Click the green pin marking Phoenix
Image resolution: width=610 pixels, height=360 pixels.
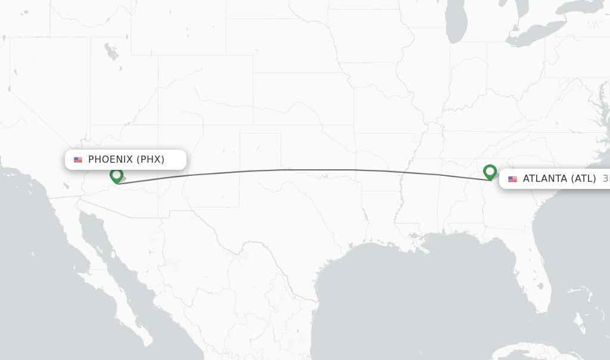coord(116,176)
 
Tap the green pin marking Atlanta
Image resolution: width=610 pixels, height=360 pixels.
coord(490,172)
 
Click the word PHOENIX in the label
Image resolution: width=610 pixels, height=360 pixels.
coord(111,160)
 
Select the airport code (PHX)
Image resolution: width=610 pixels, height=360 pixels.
coord(151,160)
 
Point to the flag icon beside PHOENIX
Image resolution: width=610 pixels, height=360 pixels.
coord(78,160)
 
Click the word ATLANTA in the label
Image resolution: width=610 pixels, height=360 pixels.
coord(544,179)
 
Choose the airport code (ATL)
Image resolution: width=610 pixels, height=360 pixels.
coord(584,179)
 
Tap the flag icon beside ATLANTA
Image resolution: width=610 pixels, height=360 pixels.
coord(512,179)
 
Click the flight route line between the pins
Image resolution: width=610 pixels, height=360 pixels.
coord(298,170)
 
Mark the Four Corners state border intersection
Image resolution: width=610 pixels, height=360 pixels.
coord(158,125)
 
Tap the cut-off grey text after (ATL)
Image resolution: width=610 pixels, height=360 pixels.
coord(605,179)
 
